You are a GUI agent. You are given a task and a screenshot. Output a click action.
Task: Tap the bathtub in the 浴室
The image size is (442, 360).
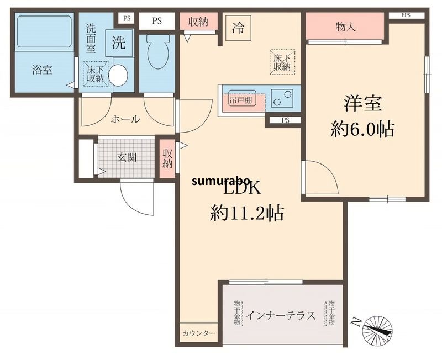point(43,32)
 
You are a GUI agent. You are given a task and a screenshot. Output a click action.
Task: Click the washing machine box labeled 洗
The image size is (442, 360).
point(119,44)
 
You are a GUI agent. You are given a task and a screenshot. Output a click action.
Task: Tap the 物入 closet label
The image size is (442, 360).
point(345,26)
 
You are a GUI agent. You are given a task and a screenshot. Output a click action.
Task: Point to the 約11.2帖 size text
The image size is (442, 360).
point(246,212)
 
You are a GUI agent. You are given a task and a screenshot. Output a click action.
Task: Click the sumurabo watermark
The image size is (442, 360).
point(222,181)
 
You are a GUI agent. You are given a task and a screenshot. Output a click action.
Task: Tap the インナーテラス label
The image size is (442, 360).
point(281,316)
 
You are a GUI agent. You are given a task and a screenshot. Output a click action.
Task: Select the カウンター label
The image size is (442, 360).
point(199,333)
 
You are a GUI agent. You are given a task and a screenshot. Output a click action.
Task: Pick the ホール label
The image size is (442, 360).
point(125,119)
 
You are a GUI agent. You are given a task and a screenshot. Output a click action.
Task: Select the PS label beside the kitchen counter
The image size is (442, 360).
point(285,120)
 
